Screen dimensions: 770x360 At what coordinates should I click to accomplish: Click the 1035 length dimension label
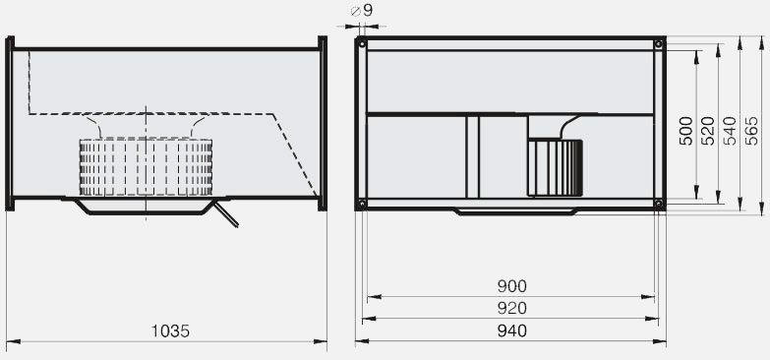(x=170, y=331)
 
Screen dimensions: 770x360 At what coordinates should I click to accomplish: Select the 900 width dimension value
(x=511, y=286)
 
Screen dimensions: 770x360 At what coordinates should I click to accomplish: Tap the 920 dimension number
(x=511, y=308)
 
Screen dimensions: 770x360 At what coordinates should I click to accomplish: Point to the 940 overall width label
(x=511, y=330)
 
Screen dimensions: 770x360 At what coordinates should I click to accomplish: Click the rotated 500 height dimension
(x=685, y=131)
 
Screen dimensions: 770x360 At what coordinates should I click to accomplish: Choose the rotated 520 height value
(x=708, y=131)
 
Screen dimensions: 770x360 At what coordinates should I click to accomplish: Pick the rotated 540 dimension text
(x=730, y=131)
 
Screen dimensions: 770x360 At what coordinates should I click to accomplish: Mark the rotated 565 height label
(x=752, y=131)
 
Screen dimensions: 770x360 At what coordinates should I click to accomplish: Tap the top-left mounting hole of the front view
(x=362, y=43)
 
